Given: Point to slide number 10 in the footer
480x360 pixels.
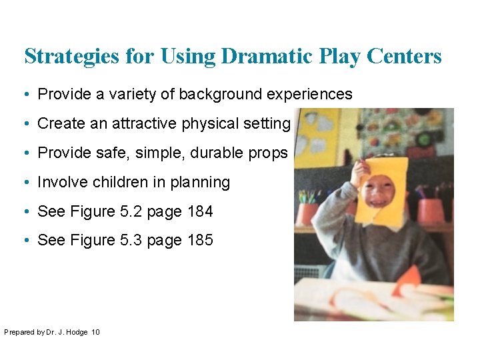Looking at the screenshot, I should [95, 331].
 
